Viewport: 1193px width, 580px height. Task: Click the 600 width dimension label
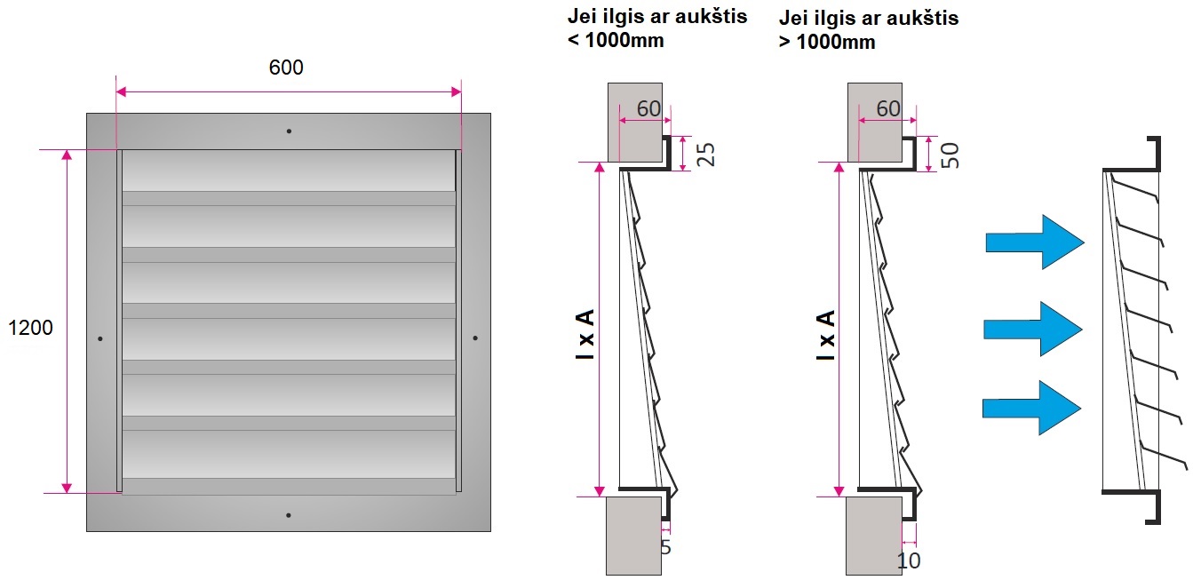coord(286,68)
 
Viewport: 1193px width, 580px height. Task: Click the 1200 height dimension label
coord(30,328)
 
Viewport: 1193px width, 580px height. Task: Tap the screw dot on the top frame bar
coord(289,131)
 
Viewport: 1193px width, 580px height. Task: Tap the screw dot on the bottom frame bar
coord(288,515)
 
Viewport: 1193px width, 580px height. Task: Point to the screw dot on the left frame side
coord(100,338)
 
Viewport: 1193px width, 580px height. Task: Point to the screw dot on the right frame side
coord(475,338)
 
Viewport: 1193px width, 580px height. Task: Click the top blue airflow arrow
coord(1035,242)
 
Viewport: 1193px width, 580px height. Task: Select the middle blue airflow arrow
coord(1033,330)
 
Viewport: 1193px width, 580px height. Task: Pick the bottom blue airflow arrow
coord(1031,408)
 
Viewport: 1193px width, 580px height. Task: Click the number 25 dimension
coord(705,155)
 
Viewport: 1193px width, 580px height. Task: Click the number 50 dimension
coord(950,155)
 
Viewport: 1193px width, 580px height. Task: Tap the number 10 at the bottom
coord(909,560)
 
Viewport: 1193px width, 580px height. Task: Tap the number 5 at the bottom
coord(665,547)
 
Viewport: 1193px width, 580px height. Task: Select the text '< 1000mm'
coord(616,41)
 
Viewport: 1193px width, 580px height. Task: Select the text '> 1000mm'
coord(827,42)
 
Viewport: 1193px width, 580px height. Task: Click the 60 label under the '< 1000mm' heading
coord(648,109)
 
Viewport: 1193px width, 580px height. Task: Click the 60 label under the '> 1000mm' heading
coord(888,109)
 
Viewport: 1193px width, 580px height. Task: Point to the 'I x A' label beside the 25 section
coord(585,334)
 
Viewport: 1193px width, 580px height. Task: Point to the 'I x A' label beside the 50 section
coord(825,335)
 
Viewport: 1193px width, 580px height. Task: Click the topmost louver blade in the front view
coord(289,171)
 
